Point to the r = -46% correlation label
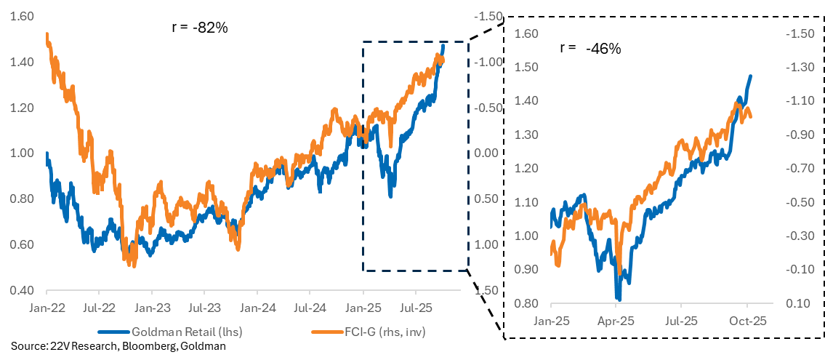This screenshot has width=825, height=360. tap(590, 49)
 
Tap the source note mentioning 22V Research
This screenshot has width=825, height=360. tap(118, 346)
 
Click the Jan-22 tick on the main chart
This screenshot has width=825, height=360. tap(47, 308)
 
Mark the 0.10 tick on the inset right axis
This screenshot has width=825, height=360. tap(795, 303)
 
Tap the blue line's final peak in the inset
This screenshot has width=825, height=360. tap(750, 76)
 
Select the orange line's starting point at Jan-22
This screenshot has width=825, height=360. tap(47, 34)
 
